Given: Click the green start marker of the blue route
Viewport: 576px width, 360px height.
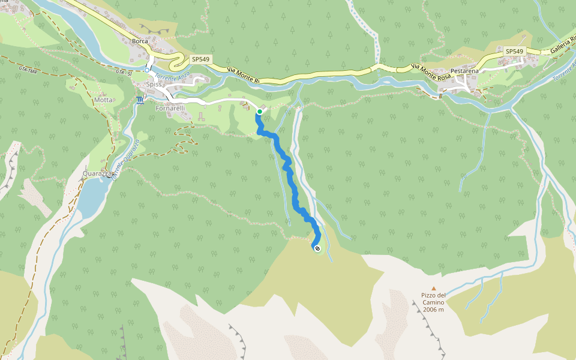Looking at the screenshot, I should [x=259, y=112].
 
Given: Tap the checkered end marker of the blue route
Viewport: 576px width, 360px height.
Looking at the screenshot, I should [x=317, y=248].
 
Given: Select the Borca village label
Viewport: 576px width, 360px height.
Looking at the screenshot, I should [x=140, y=41].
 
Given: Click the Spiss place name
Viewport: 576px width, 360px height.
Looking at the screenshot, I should [x=154, y=85].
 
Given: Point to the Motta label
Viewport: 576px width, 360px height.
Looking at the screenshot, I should [x=103, y=100].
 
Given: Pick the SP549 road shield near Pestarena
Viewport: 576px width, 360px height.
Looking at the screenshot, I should [x=514, y=52].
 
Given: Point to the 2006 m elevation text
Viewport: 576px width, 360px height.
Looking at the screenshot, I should [x=433, y=310].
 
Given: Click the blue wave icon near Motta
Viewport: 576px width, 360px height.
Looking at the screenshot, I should [x=140, y=100].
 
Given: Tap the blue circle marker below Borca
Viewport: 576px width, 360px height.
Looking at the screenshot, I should [x=147, y=70].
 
